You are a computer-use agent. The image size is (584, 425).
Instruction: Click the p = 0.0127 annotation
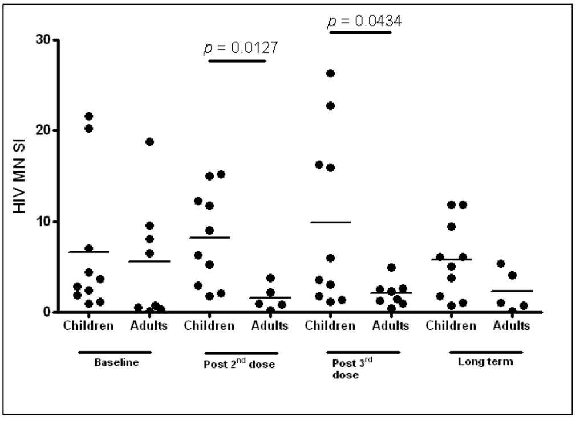pos(241,48)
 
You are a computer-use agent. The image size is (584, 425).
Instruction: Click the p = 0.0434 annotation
pos(364,22)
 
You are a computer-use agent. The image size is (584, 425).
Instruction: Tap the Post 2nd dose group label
pos(240,365)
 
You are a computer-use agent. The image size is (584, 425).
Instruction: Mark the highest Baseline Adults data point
pos(149,142)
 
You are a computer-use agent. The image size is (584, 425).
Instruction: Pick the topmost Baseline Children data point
pos(88,116)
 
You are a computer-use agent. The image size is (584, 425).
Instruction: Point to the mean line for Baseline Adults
pos(149,261)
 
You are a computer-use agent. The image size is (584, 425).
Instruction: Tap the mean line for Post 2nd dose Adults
pos(271,297)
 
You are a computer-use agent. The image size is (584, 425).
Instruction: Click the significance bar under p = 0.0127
pos(237,61)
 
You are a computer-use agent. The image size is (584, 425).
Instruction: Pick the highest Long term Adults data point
pos(501,264)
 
